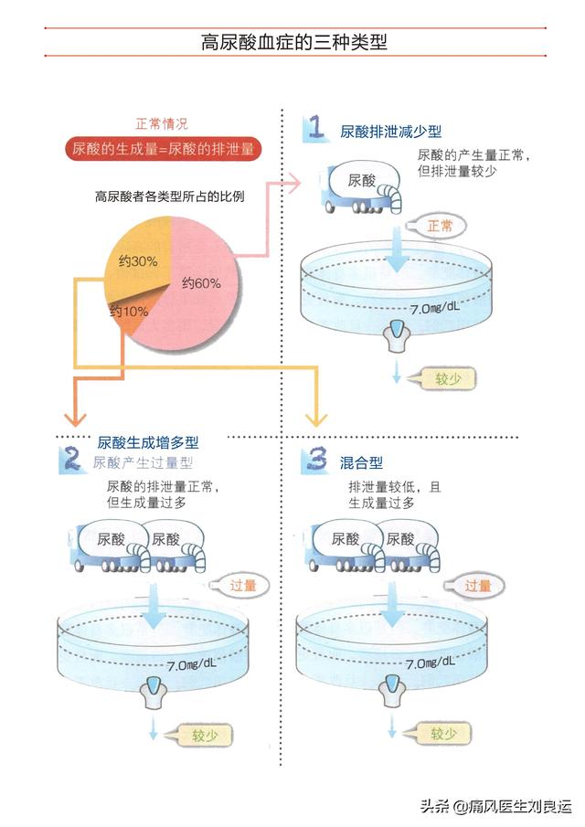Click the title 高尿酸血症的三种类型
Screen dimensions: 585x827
tap(293, 42)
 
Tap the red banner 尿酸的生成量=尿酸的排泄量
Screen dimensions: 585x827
tap(163, 149)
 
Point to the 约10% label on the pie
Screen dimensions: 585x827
tap(129, 312)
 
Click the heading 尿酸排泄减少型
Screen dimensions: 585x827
tap(391, 132)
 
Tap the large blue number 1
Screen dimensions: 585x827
tap(316, 128)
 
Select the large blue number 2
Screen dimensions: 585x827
tap(70, 459)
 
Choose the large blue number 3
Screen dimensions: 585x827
tap(316, 460)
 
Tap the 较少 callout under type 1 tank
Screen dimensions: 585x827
tap(444, 378)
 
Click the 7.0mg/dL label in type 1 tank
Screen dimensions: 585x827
tap(435, 307)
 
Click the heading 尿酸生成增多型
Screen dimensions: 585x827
tap(148, 442)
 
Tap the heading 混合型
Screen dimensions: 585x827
tap(361, 463)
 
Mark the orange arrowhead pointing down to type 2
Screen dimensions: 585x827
tap(75, 419)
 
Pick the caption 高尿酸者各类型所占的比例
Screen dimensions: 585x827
tap(169, 196)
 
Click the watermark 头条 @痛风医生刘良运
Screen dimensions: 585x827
tap(495, 806)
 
